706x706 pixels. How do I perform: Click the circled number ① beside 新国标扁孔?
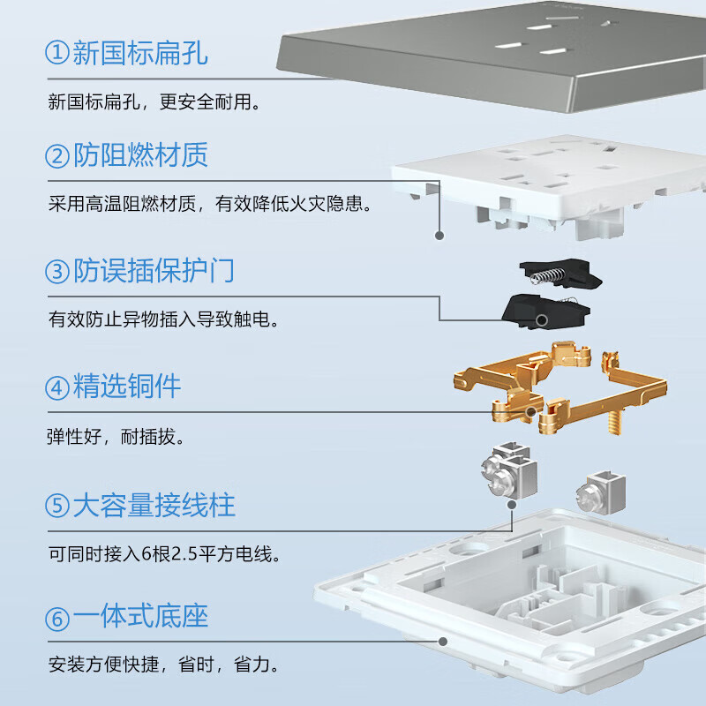(57, 53)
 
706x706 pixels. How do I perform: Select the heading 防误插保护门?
(154, 271)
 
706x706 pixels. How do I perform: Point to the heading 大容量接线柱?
(154, 506)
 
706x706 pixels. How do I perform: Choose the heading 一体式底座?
(140, 617)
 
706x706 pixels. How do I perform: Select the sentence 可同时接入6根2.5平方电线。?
(165, 555)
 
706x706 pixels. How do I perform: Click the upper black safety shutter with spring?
(561, 273)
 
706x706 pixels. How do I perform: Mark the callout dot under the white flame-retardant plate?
(439, 236)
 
